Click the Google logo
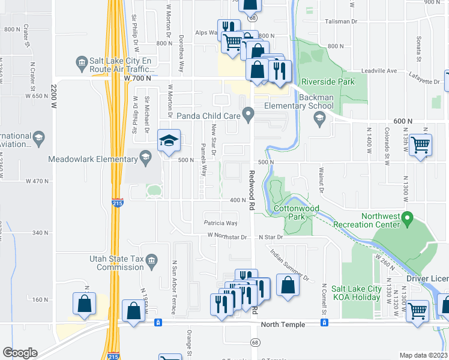pyautogui.click(x=20, y=353)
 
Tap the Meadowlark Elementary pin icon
pyautogui.click(x=145, y=158)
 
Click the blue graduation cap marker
pyautogui.click(x=169, y=142)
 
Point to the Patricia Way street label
pyautogui.click(x=220, y=223)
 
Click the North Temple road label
pyautogui.click(x=283, y=324)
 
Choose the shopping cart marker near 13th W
pyautogui.click(x=421, y=145)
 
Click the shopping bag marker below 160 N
pyautogui.click(x=85, y=305)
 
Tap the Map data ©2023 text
pyautogui.click(x=423, y=355)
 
